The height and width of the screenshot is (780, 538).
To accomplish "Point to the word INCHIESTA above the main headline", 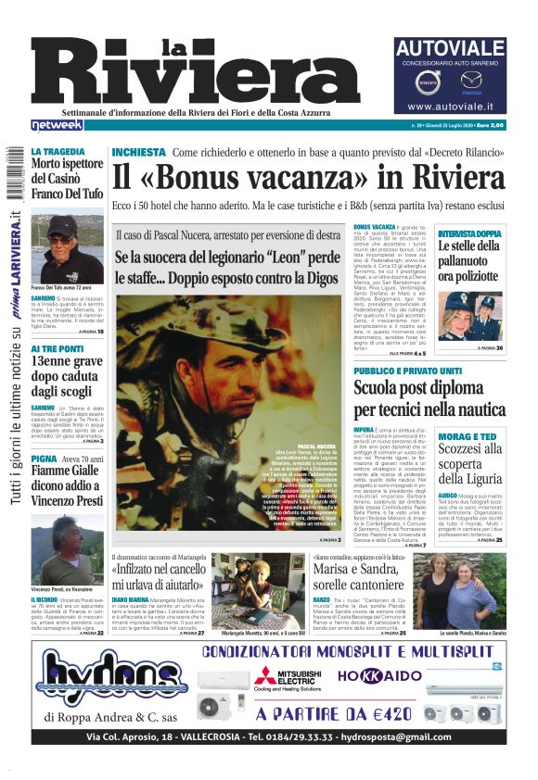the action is [138, 152].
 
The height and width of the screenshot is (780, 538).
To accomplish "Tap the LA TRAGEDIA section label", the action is [58, 151].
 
